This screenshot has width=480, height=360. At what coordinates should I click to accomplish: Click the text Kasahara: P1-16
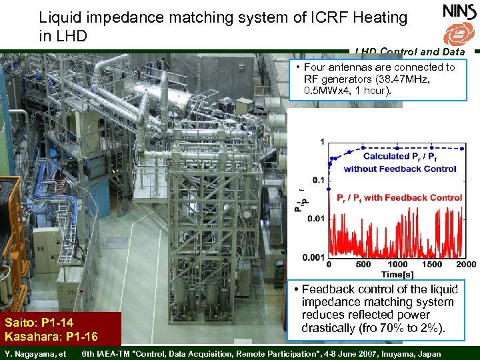click(x=51, y=336)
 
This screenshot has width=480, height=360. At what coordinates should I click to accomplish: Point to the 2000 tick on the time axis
click(x=466, y=265)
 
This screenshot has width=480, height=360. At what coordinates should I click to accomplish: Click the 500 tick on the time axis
click(x=363, y=265)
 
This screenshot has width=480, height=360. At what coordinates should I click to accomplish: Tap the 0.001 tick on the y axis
click(x=313, y=257)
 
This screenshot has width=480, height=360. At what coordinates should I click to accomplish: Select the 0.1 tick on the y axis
click(x=319, y=180)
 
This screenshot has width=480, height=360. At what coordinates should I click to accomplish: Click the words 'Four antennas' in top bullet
click(x=340, y=67)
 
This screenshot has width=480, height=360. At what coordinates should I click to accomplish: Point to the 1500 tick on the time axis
click(x=432, y=265)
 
